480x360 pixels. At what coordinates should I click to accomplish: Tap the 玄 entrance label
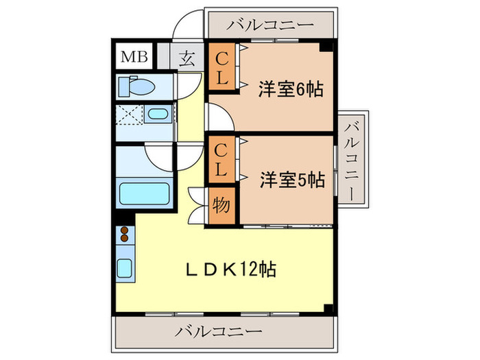[186, 58]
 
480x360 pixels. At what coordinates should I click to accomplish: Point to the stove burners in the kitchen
[125, 235]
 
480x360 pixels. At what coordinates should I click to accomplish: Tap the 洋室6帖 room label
[291, 88]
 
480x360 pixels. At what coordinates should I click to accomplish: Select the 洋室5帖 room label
[291, 180]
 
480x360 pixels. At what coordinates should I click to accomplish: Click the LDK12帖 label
[231, 269]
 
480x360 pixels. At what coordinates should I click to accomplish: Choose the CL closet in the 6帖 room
[220, 66]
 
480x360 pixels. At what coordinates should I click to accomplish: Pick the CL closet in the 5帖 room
[220, 159]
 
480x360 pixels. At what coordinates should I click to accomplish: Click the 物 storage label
[220, 206]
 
